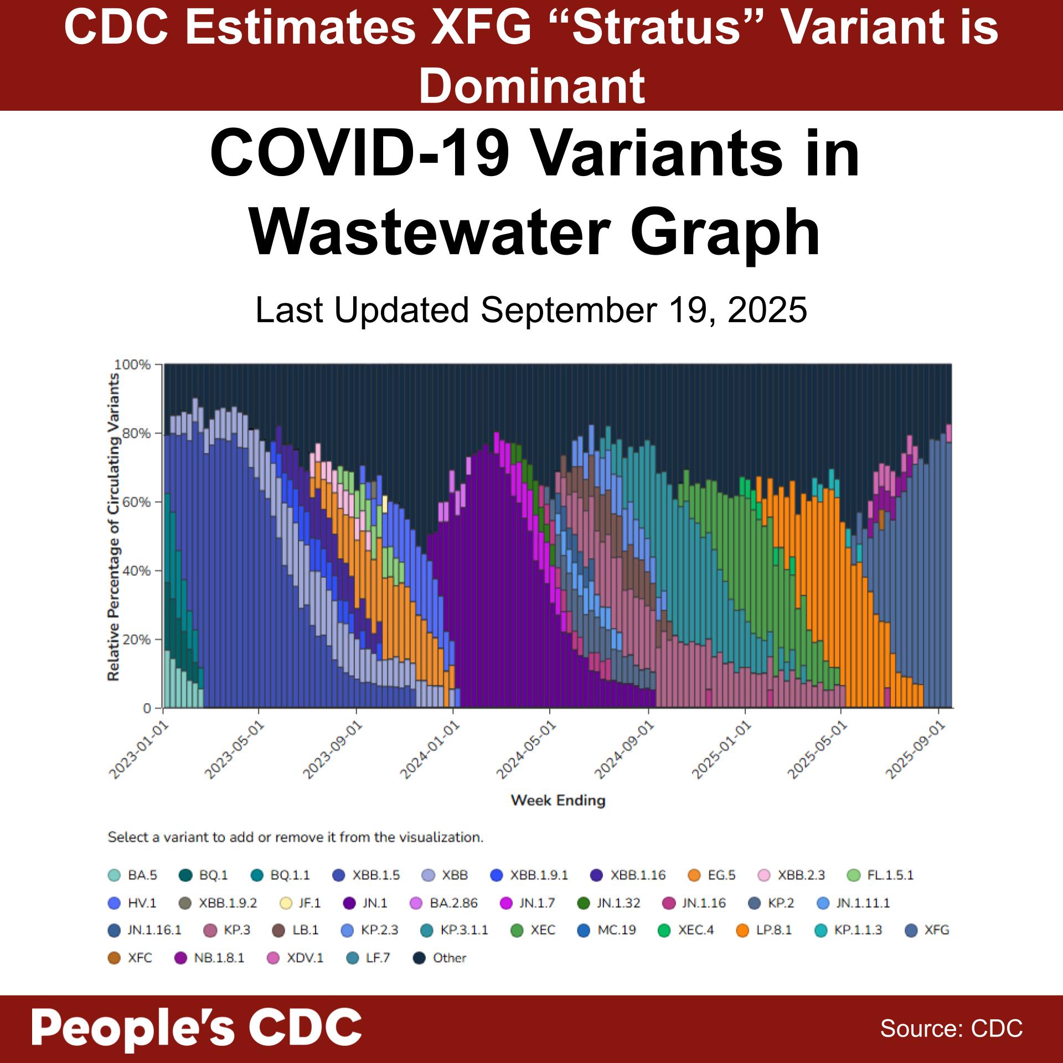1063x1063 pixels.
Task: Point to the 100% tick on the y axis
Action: coord(132,365)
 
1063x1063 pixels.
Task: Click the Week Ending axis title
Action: coord(558,801)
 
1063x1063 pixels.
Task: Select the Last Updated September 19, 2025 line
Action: coord(531,310)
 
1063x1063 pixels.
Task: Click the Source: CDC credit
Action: coord(951,1028)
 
